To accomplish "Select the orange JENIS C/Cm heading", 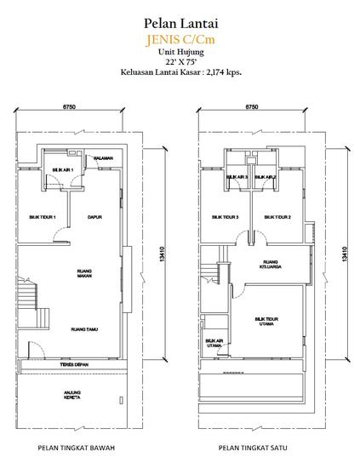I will point(180,38).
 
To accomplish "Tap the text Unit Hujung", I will point(180,51).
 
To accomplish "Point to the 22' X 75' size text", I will point(180,62).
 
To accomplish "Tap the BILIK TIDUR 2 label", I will point(277,217).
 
